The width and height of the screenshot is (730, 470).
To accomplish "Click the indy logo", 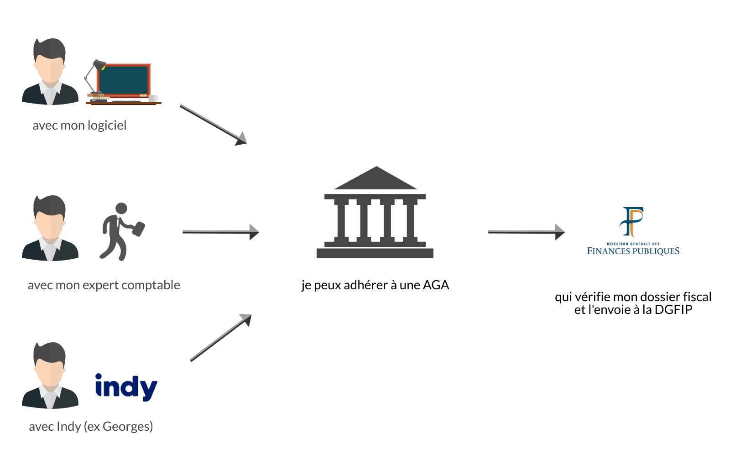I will click(126, 387).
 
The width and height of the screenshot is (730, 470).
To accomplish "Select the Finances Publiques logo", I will click(633, 231).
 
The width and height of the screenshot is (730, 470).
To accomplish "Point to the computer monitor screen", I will click(124, 80).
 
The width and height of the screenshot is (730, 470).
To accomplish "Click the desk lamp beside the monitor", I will click(94, 76).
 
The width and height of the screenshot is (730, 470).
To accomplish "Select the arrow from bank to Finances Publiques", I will click(526, 232).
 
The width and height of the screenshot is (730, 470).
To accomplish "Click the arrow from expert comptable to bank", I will click(220, 232).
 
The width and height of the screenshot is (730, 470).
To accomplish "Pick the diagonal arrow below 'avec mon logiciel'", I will click(213, 125).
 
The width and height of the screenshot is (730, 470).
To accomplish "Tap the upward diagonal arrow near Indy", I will click(221, 337).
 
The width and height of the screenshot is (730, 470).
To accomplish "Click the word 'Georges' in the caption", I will click(125, 427).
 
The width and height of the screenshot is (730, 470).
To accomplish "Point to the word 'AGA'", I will click(436, 285).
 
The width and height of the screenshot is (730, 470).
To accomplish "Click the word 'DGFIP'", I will click(673, 310).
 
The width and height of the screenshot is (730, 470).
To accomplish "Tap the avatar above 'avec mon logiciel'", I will click(50, 72).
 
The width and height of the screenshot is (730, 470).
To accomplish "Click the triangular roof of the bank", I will click(376, 178).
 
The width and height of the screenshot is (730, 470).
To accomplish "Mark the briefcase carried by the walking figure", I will click(138, 229).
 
